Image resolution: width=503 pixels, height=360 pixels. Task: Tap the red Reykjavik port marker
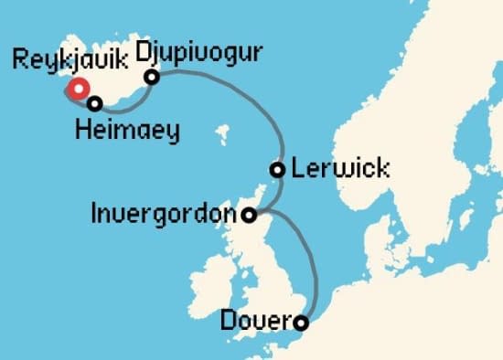(78, 89)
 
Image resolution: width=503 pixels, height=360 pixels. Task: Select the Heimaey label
(128, 132)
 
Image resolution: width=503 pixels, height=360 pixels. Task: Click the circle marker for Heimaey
(93, 103)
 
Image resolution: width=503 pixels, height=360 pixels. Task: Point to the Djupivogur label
(198, 52)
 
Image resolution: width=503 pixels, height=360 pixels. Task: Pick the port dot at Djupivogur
(153, 78)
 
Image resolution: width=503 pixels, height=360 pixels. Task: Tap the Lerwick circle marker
(277, 169)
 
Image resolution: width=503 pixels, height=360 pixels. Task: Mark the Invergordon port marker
(250, 215)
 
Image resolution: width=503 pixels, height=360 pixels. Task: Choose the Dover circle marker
(300, 322)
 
